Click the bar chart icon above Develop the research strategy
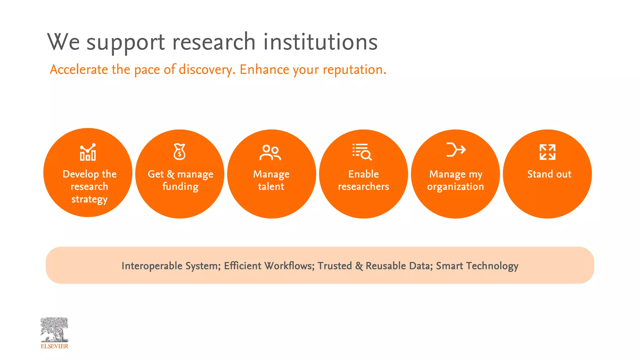click(88, 152)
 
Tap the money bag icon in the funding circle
click(180, 152)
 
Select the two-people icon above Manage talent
click(270, 152)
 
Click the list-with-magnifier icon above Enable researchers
click(362, 152)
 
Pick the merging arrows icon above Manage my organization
click(456, 149)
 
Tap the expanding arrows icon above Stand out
click(547, 152)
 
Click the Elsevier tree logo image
click(54, 330)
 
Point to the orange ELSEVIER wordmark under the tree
click(54, 346)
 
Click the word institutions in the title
click(320, 42)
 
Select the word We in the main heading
click(63, 42)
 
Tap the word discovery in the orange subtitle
click(207, 70)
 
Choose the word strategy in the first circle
click(89, 199)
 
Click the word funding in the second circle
click(180, 187)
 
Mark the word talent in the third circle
click(271, 187)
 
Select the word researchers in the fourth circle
click(363, 187)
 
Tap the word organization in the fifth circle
click(455, 187)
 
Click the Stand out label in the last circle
click(549, 174)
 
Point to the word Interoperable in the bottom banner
click(152, 266)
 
